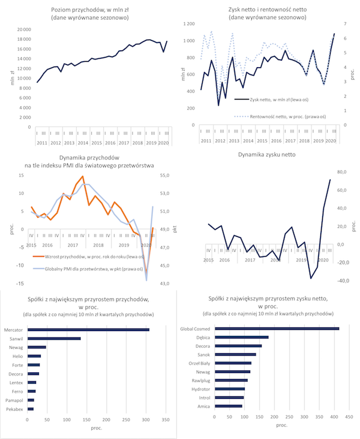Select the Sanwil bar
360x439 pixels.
pos(54,339)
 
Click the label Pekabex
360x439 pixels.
pos(14,408)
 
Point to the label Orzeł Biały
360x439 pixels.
pos(199,363)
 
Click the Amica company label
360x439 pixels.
pos(203,406)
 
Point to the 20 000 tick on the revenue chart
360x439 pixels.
pos(23,29)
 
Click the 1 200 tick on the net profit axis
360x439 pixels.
pos(190,23)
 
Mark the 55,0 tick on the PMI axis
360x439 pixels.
pos(169,175)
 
